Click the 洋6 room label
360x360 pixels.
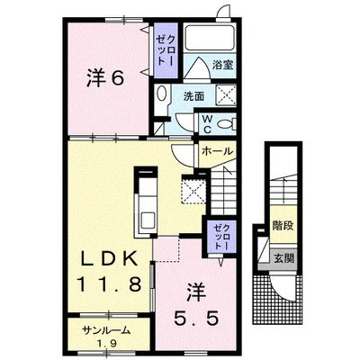[x=105, y=78]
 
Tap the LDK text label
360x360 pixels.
[x=110, y=258]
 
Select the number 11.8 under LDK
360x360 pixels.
[x=109, y=284]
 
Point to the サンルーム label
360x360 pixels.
[x=107, y=330]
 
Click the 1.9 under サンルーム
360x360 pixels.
[x=108, y=343]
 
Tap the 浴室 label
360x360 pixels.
[x=222, y=65]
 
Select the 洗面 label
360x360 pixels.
[x=194, y=96]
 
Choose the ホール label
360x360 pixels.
[x=217, y=151]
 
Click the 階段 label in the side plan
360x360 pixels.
[x=283, y=225]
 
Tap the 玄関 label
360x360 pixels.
[x=283, y=258]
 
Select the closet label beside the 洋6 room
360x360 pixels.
[x=166, y=50]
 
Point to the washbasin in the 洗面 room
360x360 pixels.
[x=162, y=93]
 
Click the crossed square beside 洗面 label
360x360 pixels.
[x=226, y=94]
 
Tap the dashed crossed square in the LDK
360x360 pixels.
[x=193, y=191]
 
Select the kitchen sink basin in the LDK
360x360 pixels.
[x=148, y=220]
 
